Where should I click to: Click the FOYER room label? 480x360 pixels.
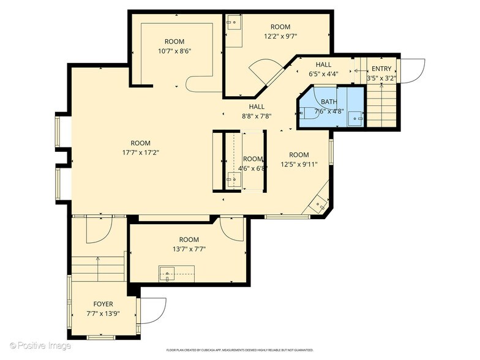tap(103, 304)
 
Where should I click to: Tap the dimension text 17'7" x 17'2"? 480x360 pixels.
tap(141, 152)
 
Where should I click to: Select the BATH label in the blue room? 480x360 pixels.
tap(329, 102)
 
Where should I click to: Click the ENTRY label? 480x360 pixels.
tap(381, 69)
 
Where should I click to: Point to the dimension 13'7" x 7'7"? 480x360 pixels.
tap(189, 249)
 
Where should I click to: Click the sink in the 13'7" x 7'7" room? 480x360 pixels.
tap(167, 274)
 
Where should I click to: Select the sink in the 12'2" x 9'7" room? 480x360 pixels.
tap(234, 22)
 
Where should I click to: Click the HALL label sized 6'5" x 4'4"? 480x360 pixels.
tap(323, 65)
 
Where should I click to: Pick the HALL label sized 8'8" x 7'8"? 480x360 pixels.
tap(257, 107)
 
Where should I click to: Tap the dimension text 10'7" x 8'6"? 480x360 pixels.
tap(174, 51)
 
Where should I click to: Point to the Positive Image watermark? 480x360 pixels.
tap(40, 345)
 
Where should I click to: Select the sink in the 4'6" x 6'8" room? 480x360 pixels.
tap(234, 180)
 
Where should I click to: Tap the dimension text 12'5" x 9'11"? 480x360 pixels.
tap(299, 164)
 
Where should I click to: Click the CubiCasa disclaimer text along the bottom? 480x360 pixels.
tap(240, 350)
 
